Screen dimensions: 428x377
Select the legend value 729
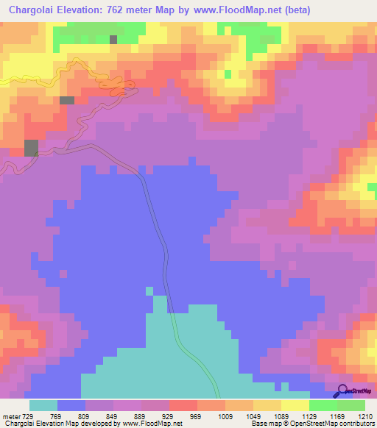point(27,416)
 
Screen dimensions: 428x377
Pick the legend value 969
point(197,416)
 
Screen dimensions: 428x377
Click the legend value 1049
point(253,416)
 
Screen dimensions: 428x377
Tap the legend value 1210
point(366,416)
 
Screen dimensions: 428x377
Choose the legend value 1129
point(309,416)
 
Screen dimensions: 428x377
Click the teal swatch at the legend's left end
point(43,405)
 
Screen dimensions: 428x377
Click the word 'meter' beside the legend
point(10,416)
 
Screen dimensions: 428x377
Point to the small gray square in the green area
point(113,40)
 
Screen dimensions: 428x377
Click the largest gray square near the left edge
point(31,148)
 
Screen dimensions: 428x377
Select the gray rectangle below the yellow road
point(67,100)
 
